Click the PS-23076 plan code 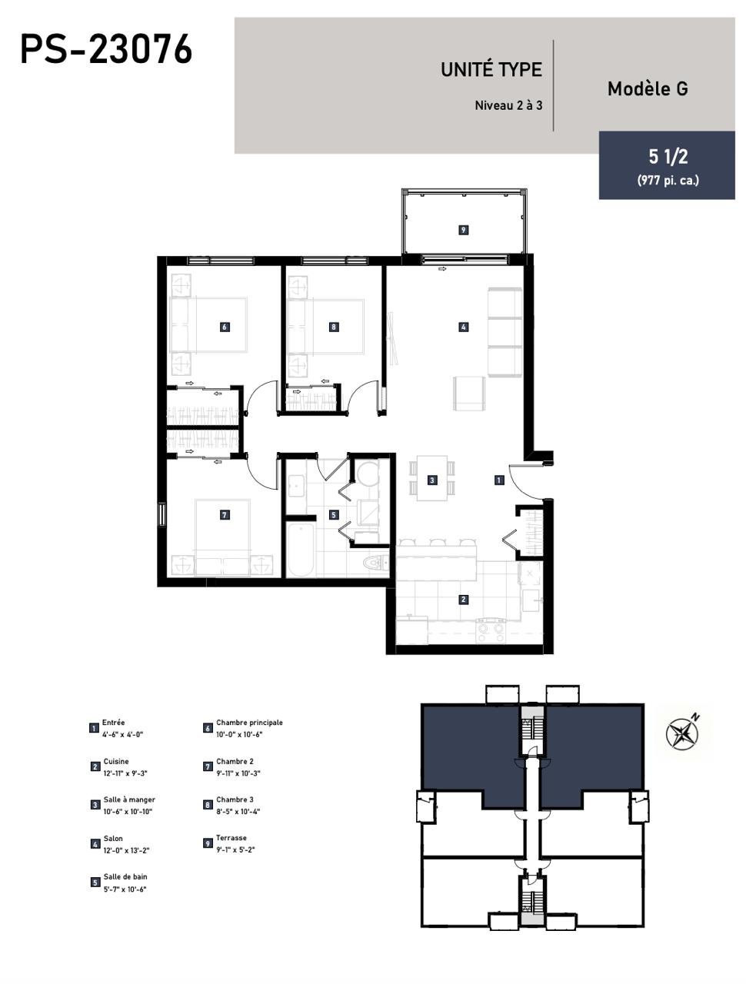tap(106, 50)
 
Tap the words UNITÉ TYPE tap(491, 70)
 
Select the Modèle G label tap(648, 88)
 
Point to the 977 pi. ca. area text tap(668, 180)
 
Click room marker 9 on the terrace tap(464, 230)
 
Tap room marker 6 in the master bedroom tap(225, 327)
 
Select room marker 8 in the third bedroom tap(333, 327)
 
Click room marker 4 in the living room tap(464, 327)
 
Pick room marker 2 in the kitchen tap(464, 600)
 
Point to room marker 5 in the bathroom tap(334, 514)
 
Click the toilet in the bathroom tap(375, 562)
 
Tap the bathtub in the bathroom tap(300, 549)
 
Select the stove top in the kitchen tap(491, 630)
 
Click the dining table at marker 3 tap(432, 478)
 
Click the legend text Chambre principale tap(249, 723)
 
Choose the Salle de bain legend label tap(125, 876)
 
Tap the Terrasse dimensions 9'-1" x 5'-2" tap(235, 849)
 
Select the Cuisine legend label tap(116, 761)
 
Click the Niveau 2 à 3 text tap(508, 106)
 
